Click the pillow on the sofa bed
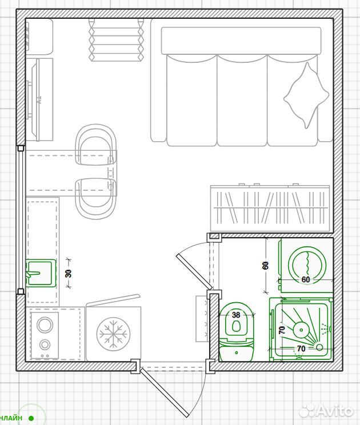coord(306,95)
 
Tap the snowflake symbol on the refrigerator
coord(113,334)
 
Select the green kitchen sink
coord(41,273)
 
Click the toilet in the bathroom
coord(236,332)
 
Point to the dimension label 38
coord(236,315)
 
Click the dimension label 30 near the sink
coord(69,273)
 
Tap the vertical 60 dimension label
coord(266,265)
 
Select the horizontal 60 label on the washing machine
coord(306,279)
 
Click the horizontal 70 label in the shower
coord(301,348)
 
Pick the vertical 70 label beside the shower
coord(282,330)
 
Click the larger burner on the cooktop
coord(45,324)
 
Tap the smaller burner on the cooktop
coord(45,345)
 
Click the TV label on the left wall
coord(39,101)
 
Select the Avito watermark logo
coord(327,411)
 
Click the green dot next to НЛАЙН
coord(31,418)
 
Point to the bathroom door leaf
coord(194,271)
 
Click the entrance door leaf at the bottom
coord(164,392)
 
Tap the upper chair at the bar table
coord(96,145)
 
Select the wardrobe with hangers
coord(270,208)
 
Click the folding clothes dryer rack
coord(117,40)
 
